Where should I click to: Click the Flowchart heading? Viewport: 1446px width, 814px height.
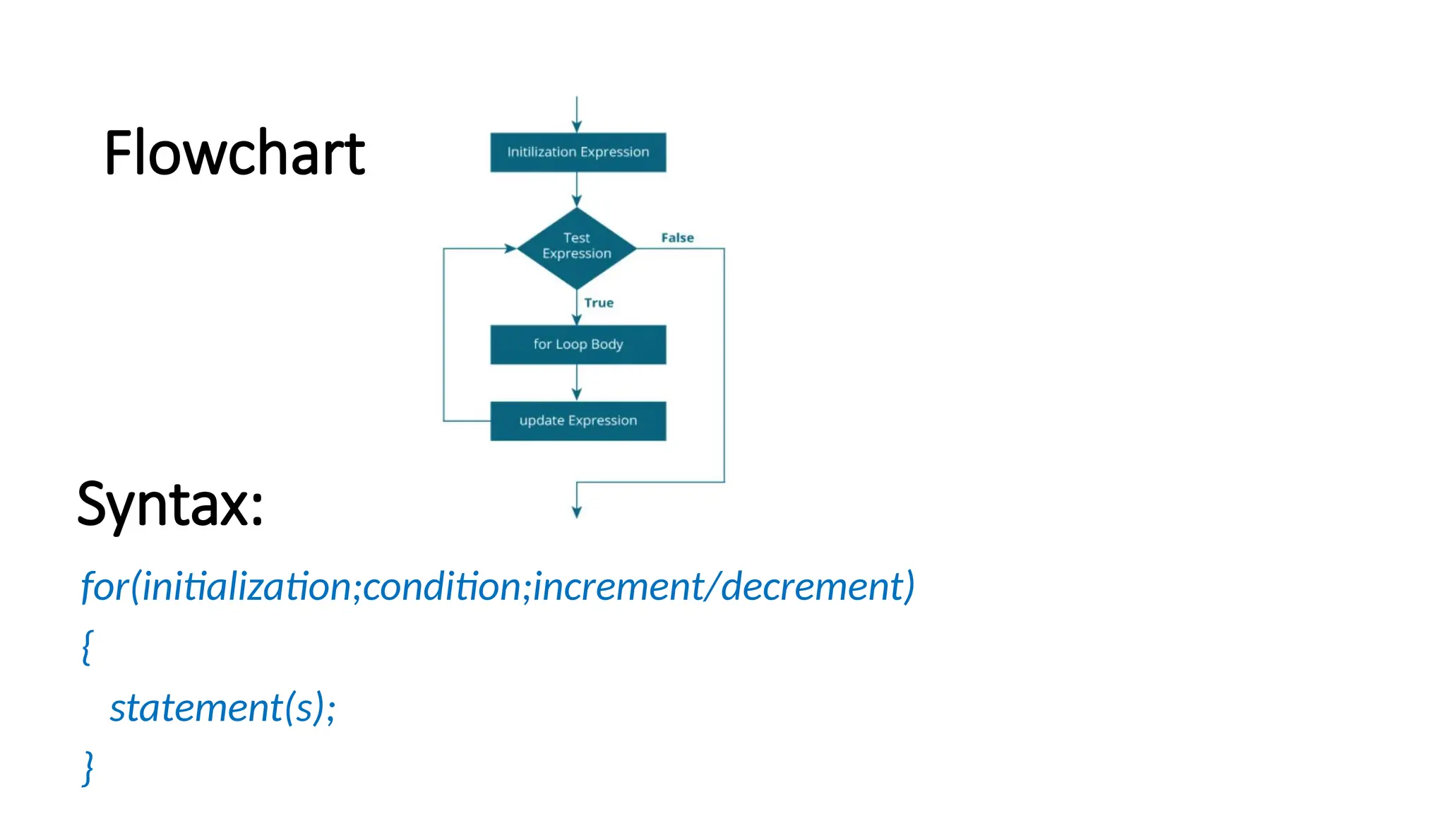pyautogui.click(x=234, y=153)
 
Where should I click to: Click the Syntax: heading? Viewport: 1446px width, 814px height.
pyautogui.click(x=170, y=504)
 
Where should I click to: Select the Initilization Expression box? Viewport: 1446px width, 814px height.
pyautogui.click(x=578, y=152)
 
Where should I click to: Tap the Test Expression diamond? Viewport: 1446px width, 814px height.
pyautogui.click(x=577, y=247)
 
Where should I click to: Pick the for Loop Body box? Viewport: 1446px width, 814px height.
pyautogui.click(x=578, y=344)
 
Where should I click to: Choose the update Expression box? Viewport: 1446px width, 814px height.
pyautogui.click(x=578, y=420)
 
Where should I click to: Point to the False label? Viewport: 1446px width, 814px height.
pyautogui.click(x=677, y=238)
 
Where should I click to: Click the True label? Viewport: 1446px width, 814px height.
pyautogui.click(x=599, y=303)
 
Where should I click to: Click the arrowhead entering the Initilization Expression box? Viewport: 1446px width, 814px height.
pyautogui.click(x=577, y=126)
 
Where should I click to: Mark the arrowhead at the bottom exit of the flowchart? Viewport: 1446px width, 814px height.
pyautogui.click(x=577, y=512)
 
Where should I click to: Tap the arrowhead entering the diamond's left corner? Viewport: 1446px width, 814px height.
pyautogui.click(x=510, y=248)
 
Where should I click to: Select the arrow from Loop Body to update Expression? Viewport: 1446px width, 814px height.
pyautogui.click(x=577, y=382)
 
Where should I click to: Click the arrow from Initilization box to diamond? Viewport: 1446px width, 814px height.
pyautogui.click(x=577, y=189)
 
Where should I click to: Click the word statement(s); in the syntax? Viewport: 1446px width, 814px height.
pyautogui.click(x=222, y=707)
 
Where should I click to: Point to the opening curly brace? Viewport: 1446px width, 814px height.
pyautogui.click(x=87, y=647)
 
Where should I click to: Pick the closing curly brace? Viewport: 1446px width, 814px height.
pyautogui.click(x=88, y=767)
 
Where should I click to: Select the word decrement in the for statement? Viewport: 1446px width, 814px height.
pyautogui.click(x=812, y=586)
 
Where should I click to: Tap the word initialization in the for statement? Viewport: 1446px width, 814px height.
pyautogui.click(x=246, y=586)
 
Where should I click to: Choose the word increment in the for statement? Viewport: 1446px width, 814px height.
pyautogui.click(x=619, y=586)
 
